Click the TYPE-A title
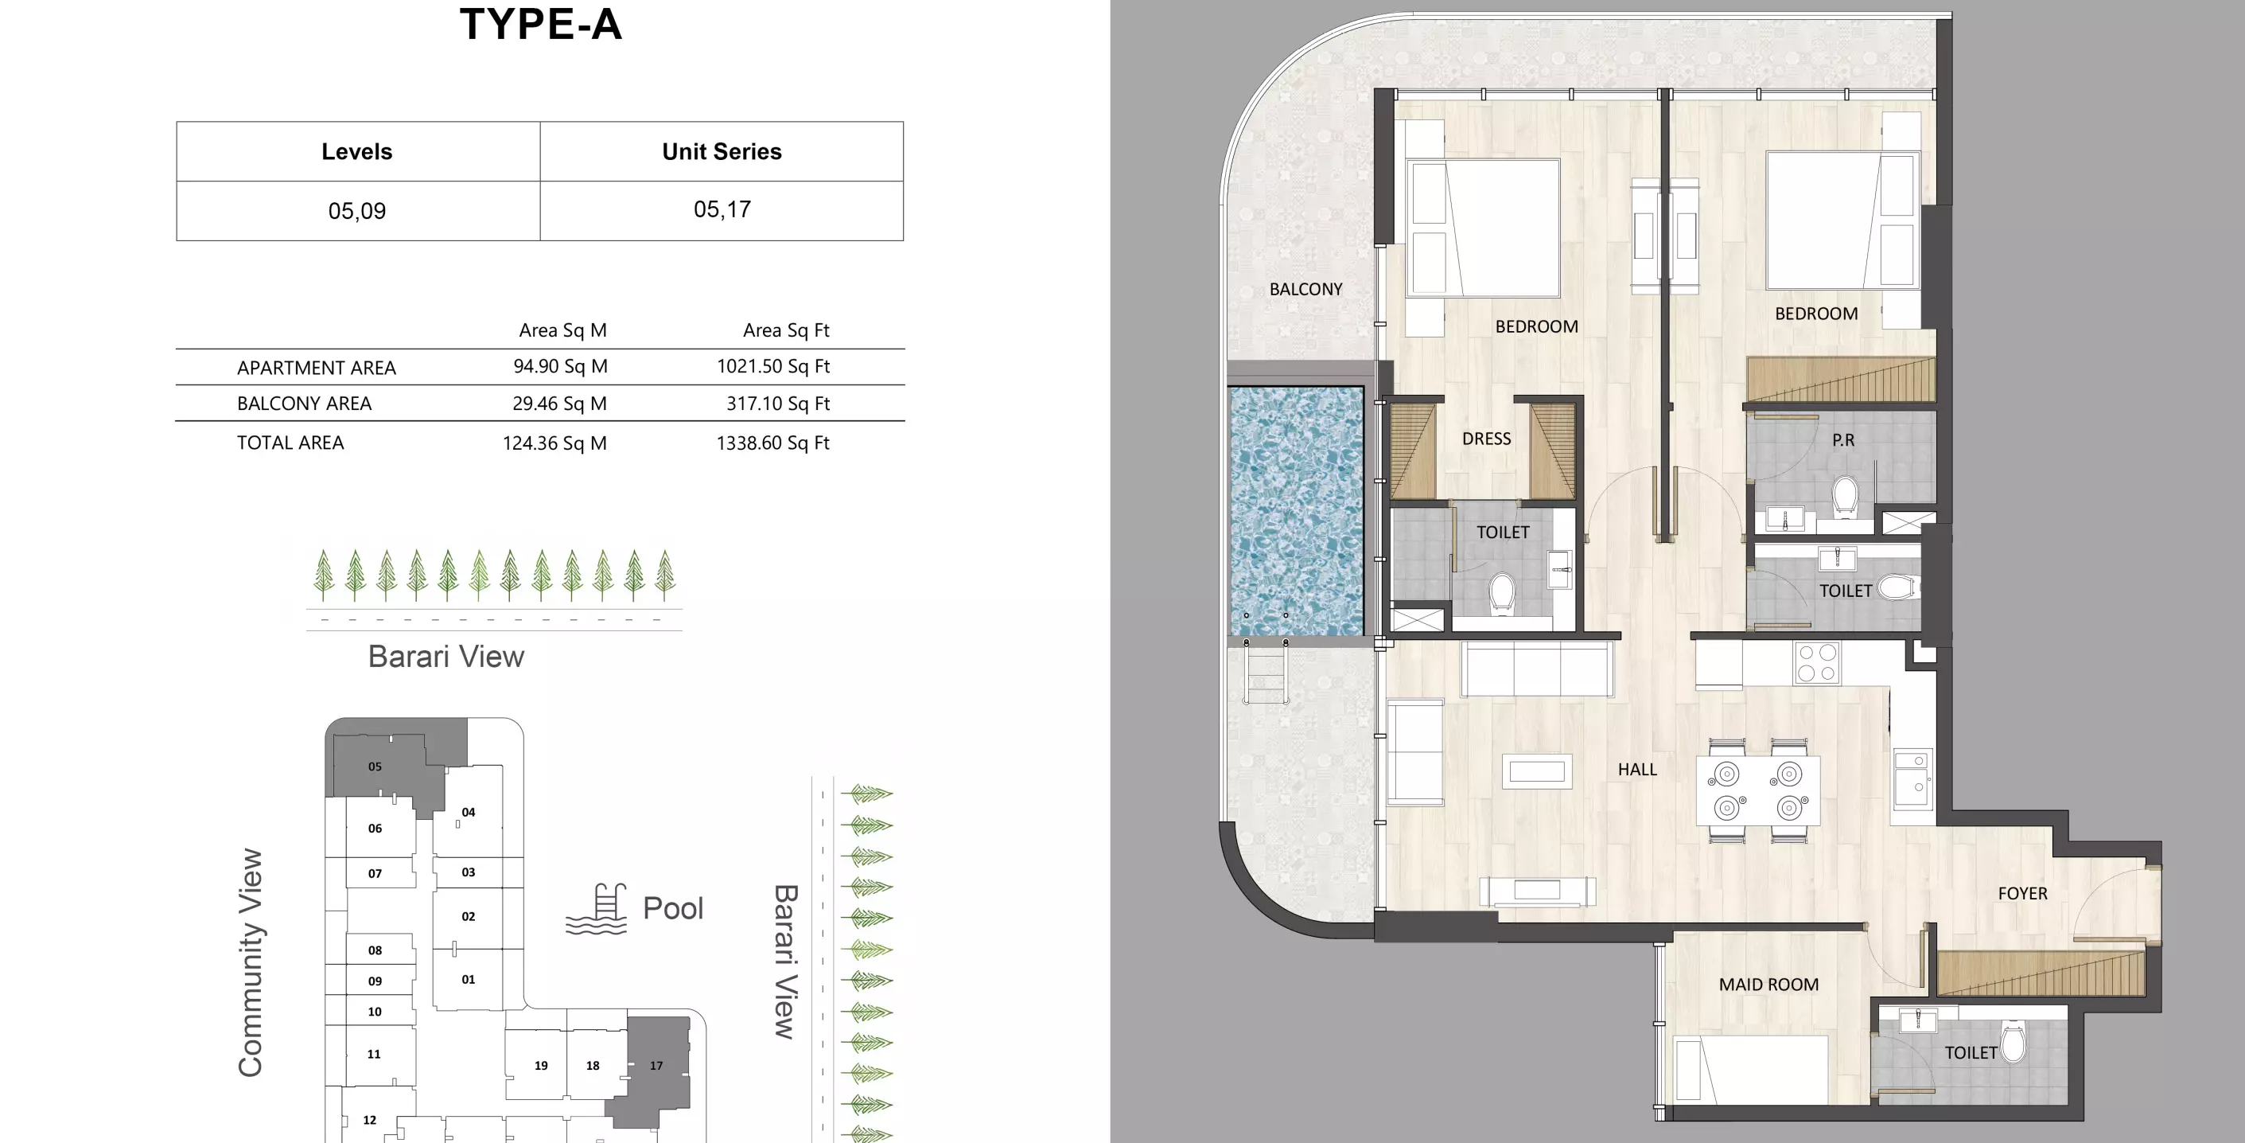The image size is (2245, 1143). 540,25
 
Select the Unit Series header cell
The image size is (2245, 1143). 722,152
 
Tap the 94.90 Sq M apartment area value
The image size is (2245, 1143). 560,366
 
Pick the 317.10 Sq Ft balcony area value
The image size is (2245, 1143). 777,404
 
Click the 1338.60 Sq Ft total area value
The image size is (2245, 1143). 772,443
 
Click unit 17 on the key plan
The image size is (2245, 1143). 656,1066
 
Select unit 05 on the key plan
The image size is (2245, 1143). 375,767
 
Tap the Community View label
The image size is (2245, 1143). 250,962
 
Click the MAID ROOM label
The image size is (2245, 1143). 1768,985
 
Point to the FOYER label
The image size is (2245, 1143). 2022,894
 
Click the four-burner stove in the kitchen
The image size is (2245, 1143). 1817,662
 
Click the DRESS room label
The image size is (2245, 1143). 1486,439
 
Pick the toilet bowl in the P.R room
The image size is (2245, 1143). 1844,496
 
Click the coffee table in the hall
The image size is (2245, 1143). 1536,771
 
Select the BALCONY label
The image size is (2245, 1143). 1305,290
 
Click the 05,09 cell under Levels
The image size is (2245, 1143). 356,211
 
